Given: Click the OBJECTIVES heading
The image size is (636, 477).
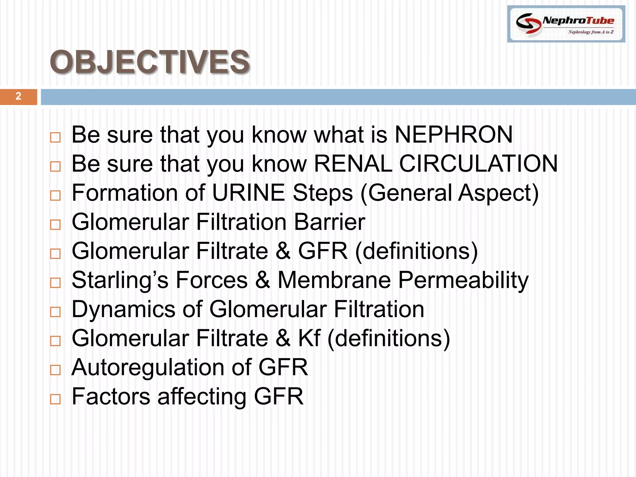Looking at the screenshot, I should coord(150,62).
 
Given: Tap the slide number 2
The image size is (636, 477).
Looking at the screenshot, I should coord(18,96).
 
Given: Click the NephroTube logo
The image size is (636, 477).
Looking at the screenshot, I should coord(566,24).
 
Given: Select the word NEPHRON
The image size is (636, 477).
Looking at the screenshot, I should coord(453,135).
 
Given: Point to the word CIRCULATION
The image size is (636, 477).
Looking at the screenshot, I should coord(478,164).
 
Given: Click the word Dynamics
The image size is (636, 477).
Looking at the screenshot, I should coord(124,310).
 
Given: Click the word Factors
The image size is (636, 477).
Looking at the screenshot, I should coord(111,397).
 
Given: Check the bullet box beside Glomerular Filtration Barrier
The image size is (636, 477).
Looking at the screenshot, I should coord(55,225).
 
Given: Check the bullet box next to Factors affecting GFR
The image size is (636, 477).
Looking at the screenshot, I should coord(55,399).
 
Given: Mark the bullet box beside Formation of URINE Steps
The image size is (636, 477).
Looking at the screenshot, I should coord(55,195).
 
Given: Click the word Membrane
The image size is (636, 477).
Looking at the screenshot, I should coord(334,280).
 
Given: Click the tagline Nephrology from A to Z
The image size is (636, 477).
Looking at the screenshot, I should coord(591,32).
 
